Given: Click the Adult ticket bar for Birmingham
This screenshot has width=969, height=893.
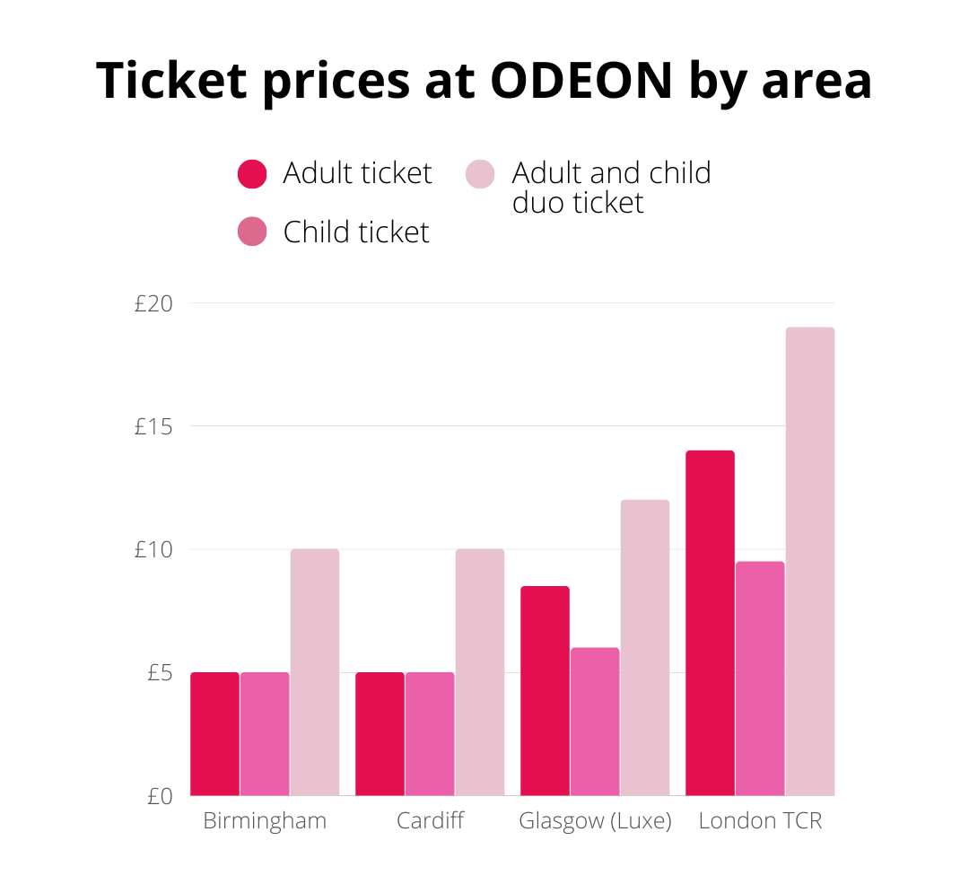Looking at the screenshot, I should tap(215, 734).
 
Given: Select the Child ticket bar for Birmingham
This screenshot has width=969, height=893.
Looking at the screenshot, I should tap(266, 734).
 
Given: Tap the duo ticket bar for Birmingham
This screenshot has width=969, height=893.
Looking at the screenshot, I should tap(315, 672).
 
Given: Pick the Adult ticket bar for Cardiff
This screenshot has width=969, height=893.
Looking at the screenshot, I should tap(380, 734).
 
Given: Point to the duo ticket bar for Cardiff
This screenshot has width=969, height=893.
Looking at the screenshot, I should tap(480, 672).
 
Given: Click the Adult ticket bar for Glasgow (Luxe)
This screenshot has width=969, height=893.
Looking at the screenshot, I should tap(545, 691).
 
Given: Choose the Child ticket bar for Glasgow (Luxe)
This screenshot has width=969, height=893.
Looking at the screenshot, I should tap(595, 722).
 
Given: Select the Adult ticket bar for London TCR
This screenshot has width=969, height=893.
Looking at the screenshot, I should tap(710, 623).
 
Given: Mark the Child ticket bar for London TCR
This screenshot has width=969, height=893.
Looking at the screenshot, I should tap(760, 679).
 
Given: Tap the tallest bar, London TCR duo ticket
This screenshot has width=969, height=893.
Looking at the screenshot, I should tap(810, 562).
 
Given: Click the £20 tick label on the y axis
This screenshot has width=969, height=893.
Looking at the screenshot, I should tap(153, 304).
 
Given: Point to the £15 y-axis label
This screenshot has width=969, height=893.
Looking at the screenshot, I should tap(153, 427).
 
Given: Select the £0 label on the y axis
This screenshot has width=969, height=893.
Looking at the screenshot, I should tap(158, 796).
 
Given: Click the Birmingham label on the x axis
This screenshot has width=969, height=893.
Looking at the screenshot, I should tap(265, 821).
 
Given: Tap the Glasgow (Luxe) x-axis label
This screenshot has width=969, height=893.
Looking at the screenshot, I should tap(595, 821).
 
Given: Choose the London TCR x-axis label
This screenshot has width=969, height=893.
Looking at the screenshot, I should tap(760, 821).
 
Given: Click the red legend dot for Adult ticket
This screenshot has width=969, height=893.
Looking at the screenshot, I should tap(252, 173).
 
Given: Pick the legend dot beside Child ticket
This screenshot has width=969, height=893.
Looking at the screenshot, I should tap(252, 232).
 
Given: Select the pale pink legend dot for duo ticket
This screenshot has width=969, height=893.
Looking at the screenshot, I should tap(480, 173).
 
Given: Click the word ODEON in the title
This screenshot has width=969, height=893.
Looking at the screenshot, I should tap(581, 80).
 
